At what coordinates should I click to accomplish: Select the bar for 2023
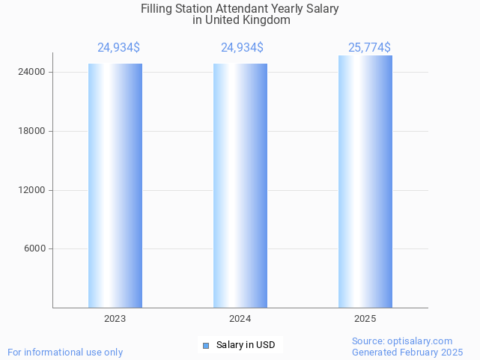coord(115,186)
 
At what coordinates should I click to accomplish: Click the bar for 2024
coord(240,186)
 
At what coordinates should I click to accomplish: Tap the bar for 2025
coord(365,182)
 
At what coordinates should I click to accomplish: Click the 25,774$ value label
coord(369,48)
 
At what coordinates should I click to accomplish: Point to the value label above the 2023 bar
coord(118,48)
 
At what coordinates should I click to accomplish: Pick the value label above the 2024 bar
coord(242,48)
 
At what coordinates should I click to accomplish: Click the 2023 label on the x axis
coord(115,319)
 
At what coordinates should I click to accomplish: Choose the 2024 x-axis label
coord(240,319)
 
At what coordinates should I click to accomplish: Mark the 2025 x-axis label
coord(365,319)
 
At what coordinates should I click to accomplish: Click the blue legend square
coord(206,345)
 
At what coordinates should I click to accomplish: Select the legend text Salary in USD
coord(245,345)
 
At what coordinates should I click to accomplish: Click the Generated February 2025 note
coord(407,352)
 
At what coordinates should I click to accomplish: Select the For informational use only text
coord(65,352)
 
